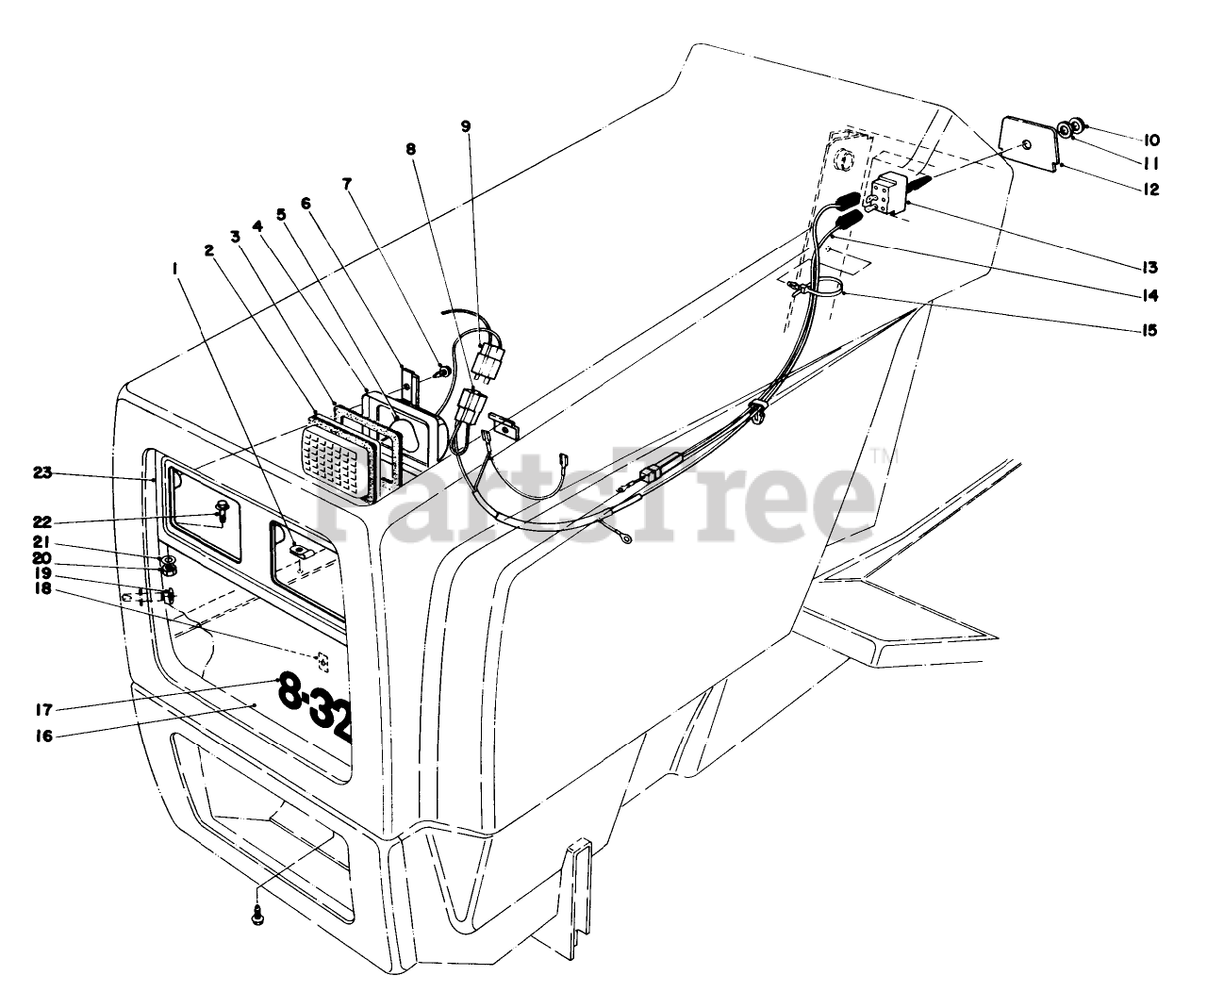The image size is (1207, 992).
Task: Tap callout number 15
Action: point(1149,331)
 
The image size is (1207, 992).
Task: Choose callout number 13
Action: point(1149,267)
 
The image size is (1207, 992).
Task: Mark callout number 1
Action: point(174,269)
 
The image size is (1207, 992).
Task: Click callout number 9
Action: point(466,125)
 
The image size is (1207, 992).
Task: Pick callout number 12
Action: point(1149,190)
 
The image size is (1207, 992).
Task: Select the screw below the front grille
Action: point(257,912)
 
